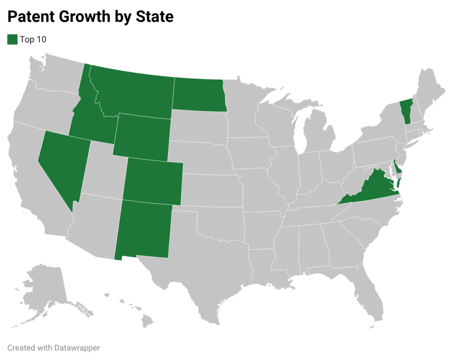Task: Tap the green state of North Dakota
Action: point(198,94)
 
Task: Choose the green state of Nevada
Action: point(62,164)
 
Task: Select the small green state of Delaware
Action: point(398,169)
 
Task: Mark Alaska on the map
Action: point(44,287)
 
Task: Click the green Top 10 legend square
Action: point(12,39)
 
